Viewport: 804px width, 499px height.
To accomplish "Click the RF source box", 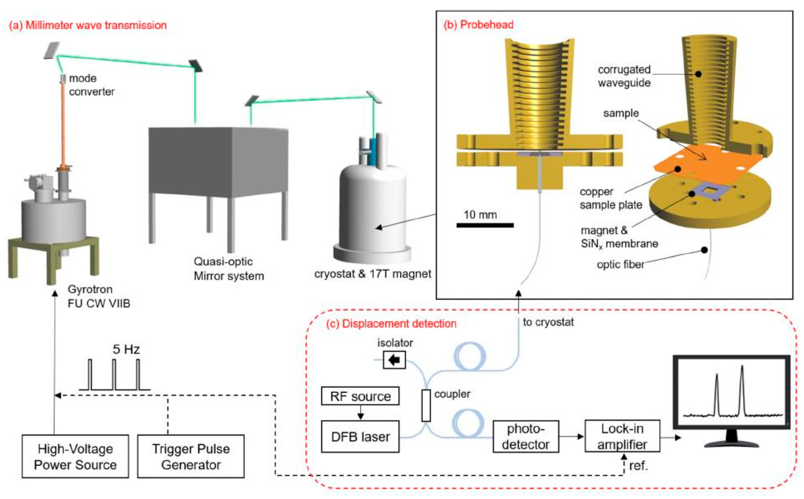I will pyautogui.click(x=360, y=396).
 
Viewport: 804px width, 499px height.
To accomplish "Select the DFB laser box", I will pyautogui.click(x=360, y=437).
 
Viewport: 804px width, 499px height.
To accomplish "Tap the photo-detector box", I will pyautogui.click(x=526, y=436).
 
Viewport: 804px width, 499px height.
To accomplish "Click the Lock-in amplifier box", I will pyautogui.click(x=622, y=436).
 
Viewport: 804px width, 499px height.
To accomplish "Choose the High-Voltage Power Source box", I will pyautogui.click(x=75, y=456).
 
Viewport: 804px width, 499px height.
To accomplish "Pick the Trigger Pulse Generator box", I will pyautogui.click(x=191, y=456).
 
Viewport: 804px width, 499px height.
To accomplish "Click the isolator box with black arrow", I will pyautogui.click(x=394, y=360).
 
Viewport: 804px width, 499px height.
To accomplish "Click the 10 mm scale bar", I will pyautogui.click(x=485, y=225).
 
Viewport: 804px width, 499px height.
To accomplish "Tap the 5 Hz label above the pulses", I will pyautogui.click(x=126, y=349).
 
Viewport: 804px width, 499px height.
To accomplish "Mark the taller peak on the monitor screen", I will pyautogui.click(x=742, y=389).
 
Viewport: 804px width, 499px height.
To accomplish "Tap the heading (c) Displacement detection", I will pyautogui.click(x=391, y=324).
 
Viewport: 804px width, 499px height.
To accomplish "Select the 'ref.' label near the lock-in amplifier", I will pyautogui.click(x=638, y=466).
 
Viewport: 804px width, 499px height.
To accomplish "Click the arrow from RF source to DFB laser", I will pyautogui.click(x=360, y=413).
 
